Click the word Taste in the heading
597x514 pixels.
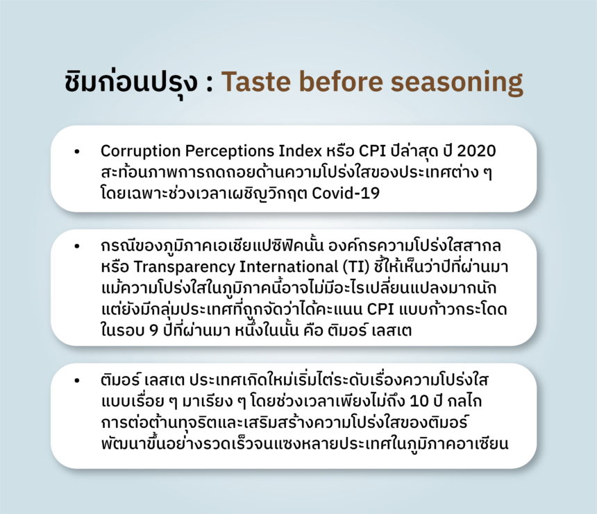[x=255, y=81]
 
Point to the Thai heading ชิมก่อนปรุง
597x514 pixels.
[x=131, y=83]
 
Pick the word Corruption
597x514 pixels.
[x=140, y=151]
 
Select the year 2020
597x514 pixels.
[x=476, y=151]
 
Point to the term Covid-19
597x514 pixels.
[x=346, y=194]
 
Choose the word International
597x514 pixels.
[x=289, y=266]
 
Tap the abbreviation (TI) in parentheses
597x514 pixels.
[x=356, y=267]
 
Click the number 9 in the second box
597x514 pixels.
[x=153, y=330]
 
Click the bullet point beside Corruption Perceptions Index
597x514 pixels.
[x=77, y=151]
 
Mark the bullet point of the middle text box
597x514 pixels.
[x=77, y=246]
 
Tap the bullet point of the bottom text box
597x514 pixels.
[x=77, y=380]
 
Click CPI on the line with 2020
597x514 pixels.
[x=373, y=151]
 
